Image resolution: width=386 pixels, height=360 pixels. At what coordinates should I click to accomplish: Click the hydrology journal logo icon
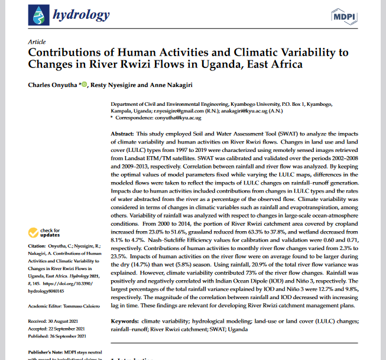pyautogui.click(x=38, y=15)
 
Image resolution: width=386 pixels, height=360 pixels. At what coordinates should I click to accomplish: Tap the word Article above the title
pyautogui.click(x=37, y=43)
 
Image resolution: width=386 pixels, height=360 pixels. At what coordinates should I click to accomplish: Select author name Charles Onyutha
pyautogui.click(x=52, y=85)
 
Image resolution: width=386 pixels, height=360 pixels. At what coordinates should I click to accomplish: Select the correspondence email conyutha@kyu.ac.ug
pyautogui.click(x=192, y=118)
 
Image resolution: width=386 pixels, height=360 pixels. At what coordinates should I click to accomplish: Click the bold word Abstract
pyautogui.click(x=122, y=135)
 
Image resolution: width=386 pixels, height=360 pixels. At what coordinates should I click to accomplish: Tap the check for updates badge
pyautogui.click(x=45, y=232)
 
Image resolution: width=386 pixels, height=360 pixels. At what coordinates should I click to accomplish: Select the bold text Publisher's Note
pyautogui.click(x=48, y=353)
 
